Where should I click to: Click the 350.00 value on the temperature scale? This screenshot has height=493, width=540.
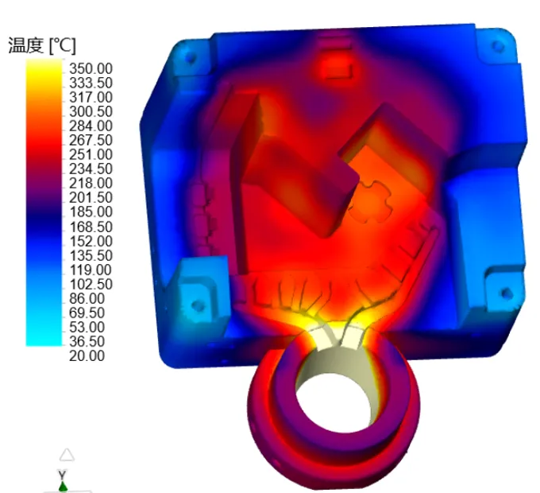[91, 68]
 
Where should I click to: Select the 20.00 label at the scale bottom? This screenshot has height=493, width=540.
[87, 355]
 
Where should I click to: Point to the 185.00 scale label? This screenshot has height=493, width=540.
[91, 212]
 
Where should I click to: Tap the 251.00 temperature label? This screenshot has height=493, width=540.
[91, 154]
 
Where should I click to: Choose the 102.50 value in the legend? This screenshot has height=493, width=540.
[91, 284]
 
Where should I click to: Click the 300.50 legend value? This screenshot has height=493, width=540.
[91, 111]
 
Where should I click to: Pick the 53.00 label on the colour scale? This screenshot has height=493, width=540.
[87, 327]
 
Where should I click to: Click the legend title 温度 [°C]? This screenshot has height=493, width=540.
[41, 45]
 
